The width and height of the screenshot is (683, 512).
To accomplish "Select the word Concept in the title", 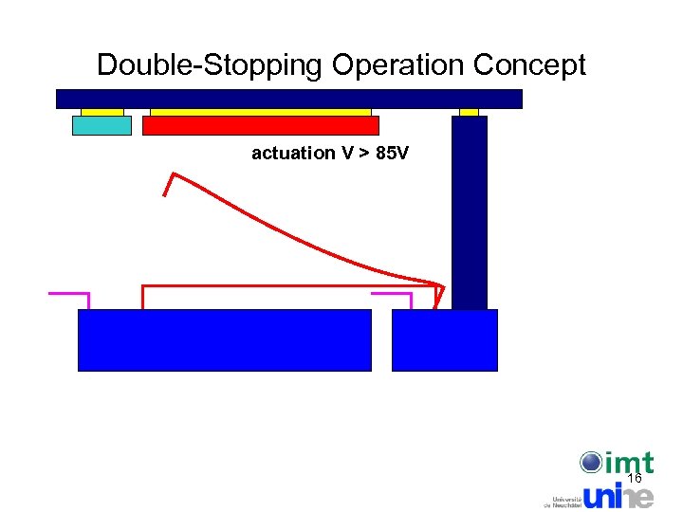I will [x=529, y=65].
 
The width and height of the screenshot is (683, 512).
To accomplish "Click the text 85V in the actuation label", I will [x=393, y=153].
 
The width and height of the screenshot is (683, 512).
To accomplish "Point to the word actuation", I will [x=293, y=153].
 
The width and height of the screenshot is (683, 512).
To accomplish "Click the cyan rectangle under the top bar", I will [x=102, y=125].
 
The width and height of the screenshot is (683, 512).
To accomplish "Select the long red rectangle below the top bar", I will [x=261, y=125].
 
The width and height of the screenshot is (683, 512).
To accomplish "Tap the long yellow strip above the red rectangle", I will [x=261, y=112].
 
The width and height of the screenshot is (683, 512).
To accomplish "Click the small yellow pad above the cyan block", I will [x=102, y=112].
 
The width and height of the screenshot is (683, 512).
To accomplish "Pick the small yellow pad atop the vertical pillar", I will [x=469, y=112].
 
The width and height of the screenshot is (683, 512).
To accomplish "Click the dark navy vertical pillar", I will [x=470, y=213].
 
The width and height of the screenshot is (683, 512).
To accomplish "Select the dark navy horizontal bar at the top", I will [x=289, y=99].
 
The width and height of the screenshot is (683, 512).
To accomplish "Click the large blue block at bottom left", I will [x=224, y=339].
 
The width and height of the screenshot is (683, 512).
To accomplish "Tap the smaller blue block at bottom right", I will [x=444, y=339].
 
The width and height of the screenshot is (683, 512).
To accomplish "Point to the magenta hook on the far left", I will [x=70, y=295].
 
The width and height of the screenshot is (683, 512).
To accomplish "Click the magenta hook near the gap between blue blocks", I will [x=393, y=295].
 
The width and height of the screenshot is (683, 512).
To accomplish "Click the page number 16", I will [x=635, y=479].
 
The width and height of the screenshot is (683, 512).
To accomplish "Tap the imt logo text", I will [x=628, y=463].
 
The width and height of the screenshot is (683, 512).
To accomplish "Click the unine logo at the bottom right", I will [x=618, y=495].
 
